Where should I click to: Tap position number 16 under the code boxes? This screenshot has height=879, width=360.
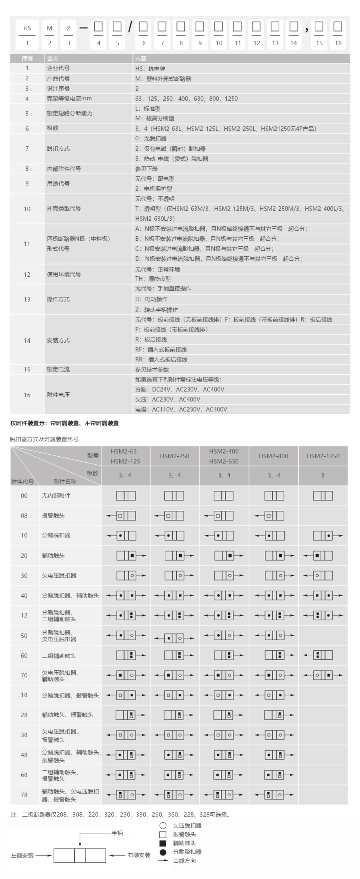click(x=338, y=43)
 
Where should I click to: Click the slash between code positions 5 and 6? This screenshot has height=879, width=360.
click(x=130, y=27)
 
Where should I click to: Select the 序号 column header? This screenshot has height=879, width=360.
click(x=27, y=58)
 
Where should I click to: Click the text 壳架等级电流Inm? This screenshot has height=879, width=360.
click(x=69, y=98)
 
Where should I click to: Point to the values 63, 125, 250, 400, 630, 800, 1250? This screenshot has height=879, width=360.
click(x=186, y=98)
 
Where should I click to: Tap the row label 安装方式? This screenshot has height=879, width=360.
click(x=58, y=340)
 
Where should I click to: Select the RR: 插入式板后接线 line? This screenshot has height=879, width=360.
click(x=161, y=360)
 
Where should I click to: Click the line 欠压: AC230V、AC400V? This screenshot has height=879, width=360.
click(x=168, y=399)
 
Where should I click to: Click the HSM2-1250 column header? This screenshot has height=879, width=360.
click(x=323, y=456)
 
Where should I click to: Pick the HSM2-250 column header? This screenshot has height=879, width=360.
click(x=174, y=456)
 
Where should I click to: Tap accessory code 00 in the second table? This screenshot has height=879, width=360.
click(x=24, y=495)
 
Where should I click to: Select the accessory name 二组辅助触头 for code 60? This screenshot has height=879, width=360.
click(x=59, y=655)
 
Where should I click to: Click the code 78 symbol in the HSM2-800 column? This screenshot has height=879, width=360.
click(x=274, y=795)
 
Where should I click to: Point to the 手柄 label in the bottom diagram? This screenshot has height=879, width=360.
click(x=117, y=833)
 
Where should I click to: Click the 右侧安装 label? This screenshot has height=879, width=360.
click(x=139, y=855)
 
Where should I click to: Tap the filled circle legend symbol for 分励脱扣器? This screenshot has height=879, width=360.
click(x=163, y=852)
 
